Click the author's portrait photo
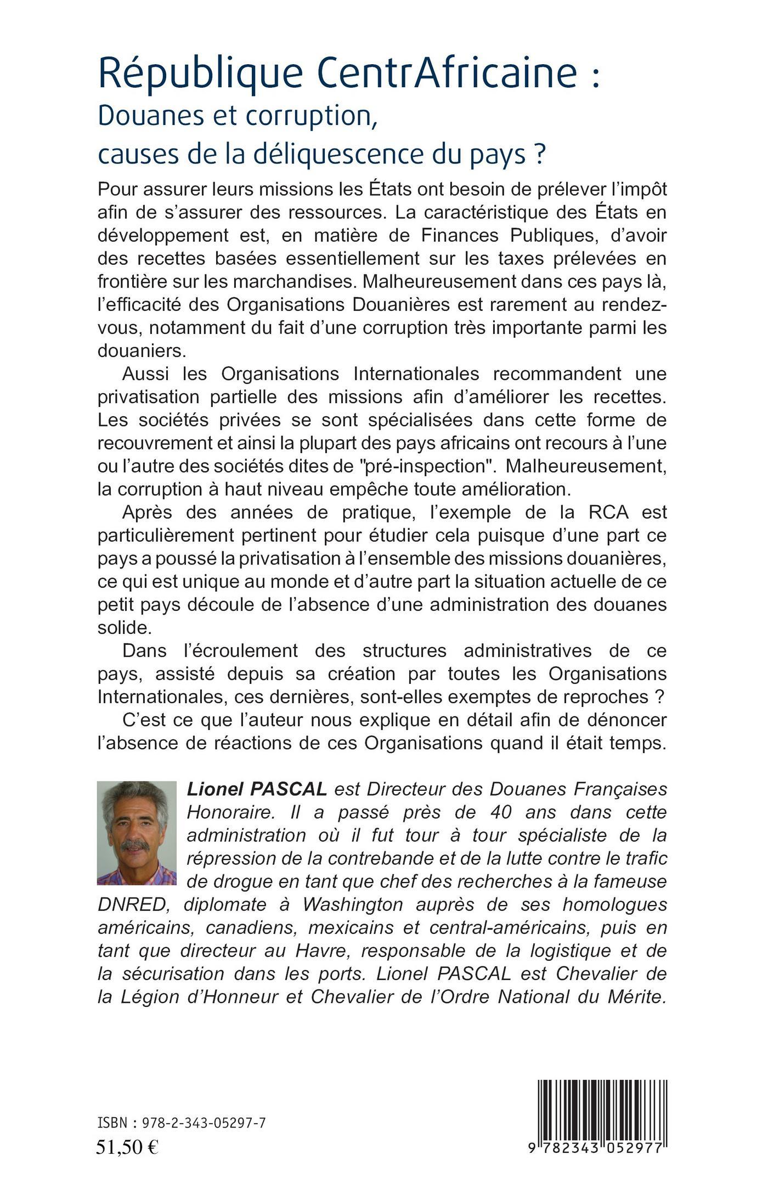[137, 833]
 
